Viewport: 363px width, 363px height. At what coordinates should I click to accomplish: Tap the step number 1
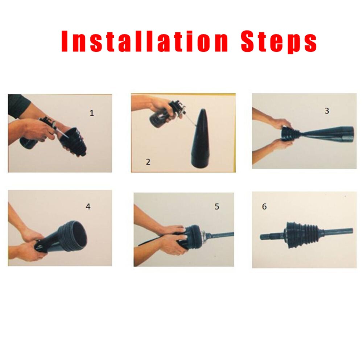92,113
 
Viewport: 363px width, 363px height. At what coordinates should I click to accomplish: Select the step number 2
148,162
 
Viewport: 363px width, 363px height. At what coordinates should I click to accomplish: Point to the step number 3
327,111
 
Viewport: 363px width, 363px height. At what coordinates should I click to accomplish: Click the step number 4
88,207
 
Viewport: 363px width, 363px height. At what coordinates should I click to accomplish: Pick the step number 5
217,207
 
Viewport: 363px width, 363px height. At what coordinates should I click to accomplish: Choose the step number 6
264,207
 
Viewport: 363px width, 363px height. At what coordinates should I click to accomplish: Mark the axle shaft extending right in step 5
221,235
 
